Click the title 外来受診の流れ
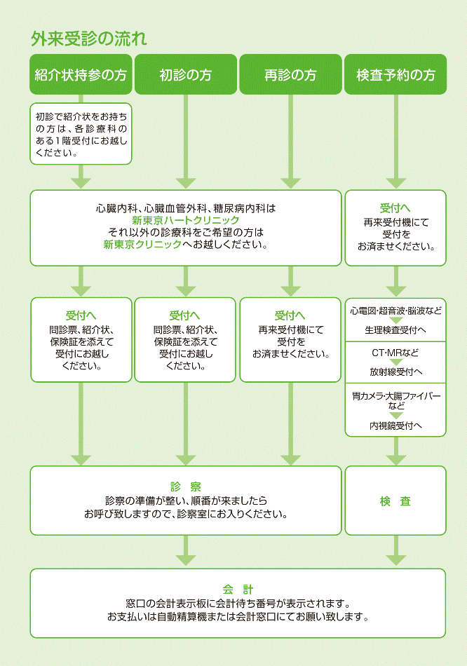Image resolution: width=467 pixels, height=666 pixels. point(88,39)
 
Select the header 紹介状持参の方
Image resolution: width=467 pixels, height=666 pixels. point(81,75)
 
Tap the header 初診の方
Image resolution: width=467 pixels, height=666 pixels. point(185,75)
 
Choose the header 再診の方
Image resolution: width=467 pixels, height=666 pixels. point(290,75)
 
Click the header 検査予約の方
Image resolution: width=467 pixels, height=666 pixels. point(395,75)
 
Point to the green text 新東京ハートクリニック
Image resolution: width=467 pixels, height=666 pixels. point(185,220)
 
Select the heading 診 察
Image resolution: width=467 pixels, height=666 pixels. point(185,487)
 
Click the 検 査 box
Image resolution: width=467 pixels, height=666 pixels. point(395,501)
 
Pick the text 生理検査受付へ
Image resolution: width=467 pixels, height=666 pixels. point(395,329)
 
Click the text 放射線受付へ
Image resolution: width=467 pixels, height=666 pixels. point(395,372)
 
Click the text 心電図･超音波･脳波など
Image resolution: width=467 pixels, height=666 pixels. point(395,310)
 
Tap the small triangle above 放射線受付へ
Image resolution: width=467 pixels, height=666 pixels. point(395,362)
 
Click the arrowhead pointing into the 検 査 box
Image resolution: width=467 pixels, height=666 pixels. point(395,460)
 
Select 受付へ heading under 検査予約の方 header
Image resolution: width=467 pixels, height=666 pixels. point(395,208)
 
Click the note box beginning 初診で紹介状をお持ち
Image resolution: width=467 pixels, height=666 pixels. point(81,133)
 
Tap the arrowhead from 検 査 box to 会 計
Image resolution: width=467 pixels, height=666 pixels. point(395,560)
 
